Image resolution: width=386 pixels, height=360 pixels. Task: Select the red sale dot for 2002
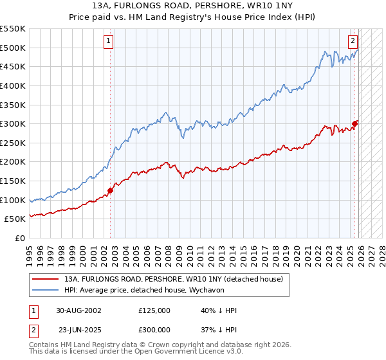pyautogui.click(x=111, y=190)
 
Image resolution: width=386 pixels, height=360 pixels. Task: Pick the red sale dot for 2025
pyautogui.click(x=354, y=123)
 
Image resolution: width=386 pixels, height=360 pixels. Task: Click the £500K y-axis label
pyautogui.click(x=14, y=48)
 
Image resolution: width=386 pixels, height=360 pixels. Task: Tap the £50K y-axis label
pyautogui.click(x=16, y=219)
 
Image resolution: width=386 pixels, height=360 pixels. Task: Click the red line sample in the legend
pyautogui.click(x=45, y=279)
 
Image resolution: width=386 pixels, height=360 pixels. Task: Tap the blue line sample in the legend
pyautogui.click(x=45, y=290)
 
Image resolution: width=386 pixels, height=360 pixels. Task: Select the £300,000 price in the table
pyautogui.click(x=154, y=329)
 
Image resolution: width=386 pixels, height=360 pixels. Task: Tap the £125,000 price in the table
pyautogui.click(x=154, y=310)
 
